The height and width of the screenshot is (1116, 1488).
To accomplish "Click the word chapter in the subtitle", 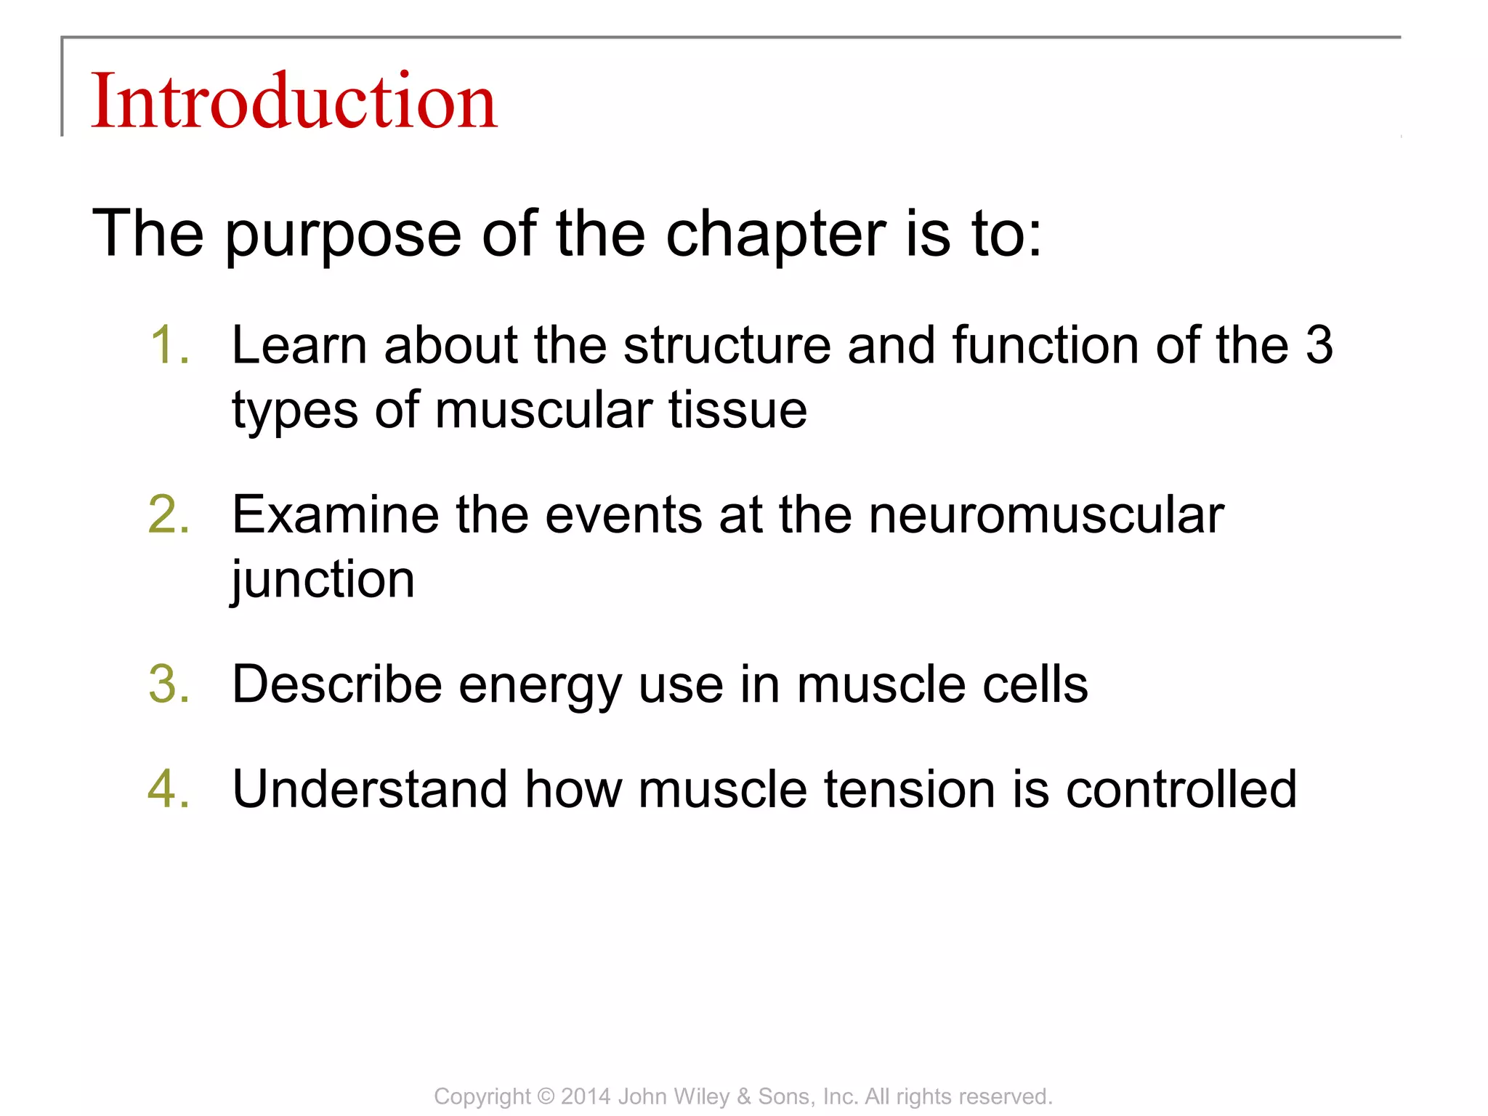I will point(775,234).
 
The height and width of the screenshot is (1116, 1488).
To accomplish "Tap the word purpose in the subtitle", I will point(342,234).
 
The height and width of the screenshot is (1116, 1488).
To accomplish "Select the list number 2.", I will point(169,514).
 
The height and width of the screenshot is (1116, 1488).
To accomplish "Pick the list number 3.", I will point(169,684).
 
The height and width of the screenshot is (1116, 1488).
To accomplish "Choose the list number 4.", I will point(169,789).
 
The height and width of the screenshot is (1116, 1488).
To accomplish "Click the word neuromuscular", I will point(1046,514).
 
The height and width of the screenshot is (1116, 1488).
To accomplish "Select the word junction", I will point(323,580).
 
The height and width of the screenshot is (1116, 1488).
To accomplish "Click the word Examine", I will point(335,514).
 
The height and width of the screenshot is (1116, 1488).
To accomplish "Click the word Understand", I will point(370,789).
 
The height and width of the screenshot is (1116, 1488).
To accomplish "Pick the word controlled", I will point(1181,789).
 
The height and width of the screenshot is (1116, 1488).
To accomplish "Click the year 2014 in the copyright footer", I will point(586,1096).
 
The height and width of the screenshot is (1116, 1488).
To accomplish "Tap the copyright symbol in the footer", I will point(546,1096).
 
